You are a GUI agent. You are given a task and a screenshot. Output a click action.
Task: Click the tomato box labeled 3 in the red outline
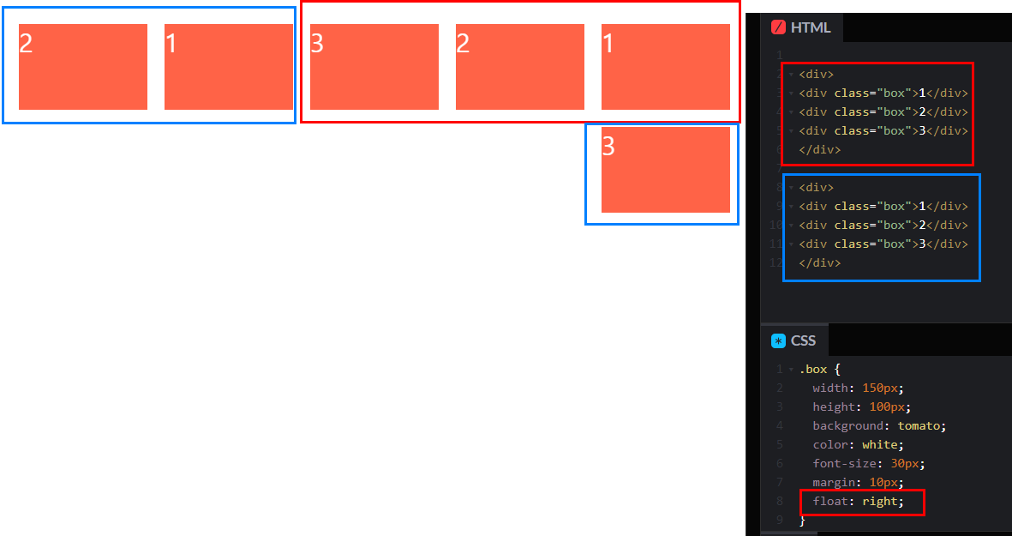(x=374, y=67)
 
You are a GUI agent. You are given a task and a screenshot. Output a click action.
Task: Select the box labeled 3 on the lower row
(x=666, y=170)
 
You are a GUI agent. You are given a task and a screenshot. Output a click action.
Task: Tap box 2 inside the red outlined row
(x=520, y=67)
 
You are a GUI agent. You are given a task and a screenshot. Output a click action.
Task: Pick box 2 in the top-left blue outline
(x=83, y=67)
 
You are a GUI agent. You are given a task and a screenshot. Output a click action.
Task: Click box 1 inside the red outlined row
(x=666, y=67)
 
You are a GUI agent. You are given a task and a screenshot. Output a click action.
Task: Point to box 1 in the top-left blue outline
(x=229, y=67)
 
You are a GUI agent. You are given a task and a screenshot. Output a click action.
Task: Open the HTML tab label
(x=810, y=27)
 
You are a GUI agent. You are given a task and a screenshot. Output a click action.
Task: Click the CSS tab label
(x=803, y=340)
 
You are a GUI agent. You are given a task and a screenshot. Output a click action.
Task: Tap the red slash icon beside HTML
(x=778, y=27)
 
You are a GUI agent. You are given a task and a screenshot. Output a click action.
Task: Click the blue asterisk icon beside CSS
(x=778, y=340)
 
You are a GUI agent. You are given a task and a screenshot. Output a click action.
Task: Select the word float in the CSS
(x=828, y=501)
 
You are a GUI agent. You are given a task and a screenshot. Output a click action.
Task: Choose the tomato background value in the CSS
(x=920, y=425)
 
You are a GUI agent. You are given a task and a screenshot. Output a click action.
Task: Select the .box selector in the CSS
(x=813, y=370)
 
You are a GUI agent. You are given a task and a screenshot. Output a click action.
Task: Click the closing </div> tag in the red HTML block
(x=819, y=149)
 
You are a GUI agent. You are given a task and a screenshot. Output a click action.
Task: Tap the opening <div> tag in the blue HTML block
(x=816, y=187)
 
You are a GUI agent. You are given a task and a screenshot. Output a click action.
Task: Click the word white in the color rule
(x=881, y=444)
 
